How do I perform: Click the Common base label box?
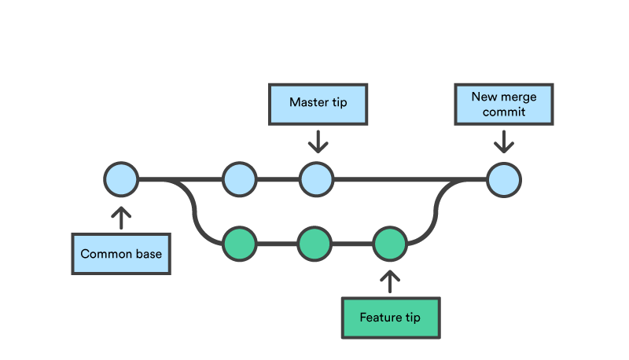click(121, 254)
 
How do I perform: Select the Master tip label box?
click(318, 103)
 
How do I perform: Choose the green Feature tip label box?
click(389, 318)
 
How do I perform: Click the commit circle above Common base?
click(121, 179)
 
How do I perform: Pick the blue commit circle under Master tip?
click(316, 179)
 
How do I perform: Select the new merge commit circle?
click(503, 179)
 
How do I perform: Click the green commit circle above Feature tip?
click(389, 244)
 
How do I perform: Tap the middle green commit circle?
click(314, 244)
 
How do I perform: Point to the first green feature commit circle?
click(239, 244)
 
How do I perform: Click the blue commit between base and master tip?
click(239, 179)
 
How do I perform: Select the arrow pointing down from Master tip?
click(318, 141)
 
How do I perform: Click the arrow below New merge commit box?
click(503, 141)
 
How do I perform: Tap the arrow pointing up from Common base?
click(121, 218)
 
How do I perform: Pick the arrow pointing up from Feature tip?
click(389, 280)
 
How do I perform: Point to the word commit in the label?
click(503, 112)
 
